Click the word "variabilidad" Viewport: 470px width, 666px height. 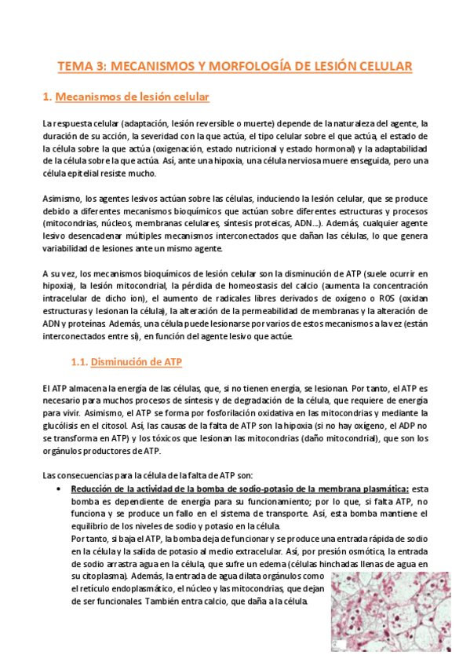point(70,248)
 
